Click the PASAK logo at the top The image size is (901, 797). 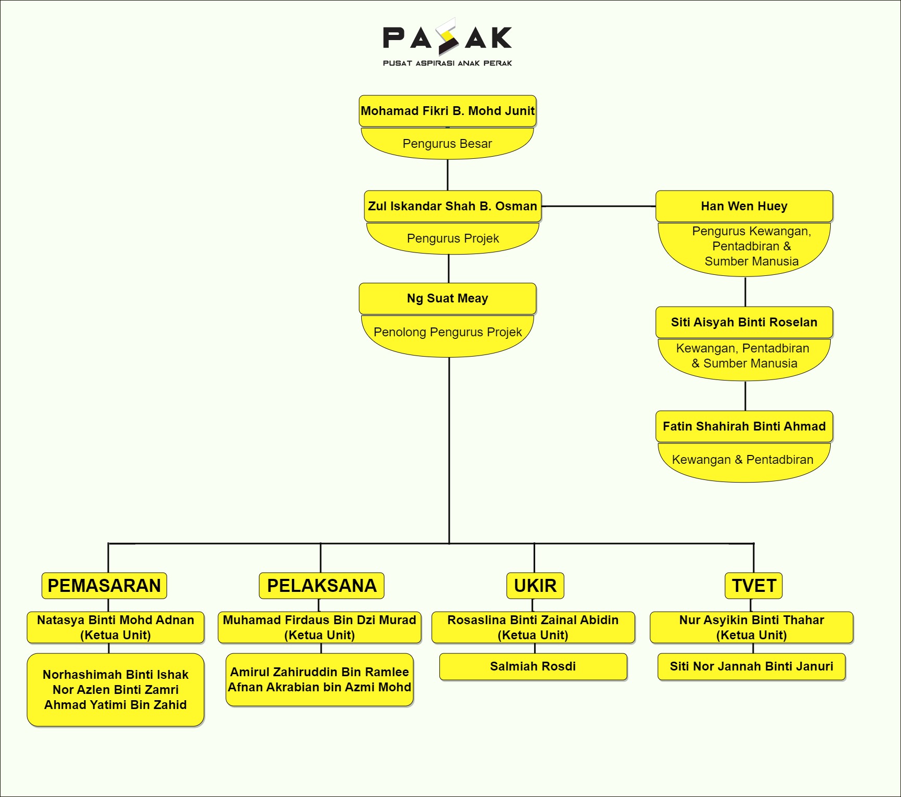[x=447, y=42]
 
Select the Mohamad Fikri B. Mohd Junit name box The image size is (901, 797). [x=447, y=111]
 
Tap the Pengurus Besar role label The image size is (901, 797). [x=447, y=144]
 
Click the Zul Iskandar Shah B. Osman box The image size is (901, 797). [x=452, y=206]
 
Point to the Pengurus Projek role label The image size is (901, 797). [x=452, y=238]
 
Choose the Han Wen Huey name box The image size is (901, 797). [x=744, y=206]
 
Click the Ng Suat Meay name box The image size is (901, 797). [x=447, y=298]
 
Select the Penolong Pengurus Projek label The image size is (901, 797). [x=447, y=332]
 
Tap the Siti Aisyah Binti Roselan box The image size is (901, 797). [x=744, y=322]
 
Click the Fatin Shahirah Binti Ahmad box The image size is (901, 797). [x=744, y=426]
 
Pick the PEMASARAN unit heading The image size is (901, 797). [x=104, y=586]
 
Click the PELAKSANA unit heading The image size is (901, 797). [x=322, y=586]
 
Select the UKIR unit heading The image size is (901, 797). [x=535, y=586]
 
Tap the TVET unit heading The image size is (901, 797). [x=754, y=586]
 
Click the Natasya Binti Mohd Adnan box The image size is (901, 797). [x=116, y=627]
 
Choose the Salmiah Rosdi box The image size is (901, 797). [x=533, y=666]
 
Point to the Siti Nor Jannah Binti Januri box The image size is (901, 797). [x=751, y=666]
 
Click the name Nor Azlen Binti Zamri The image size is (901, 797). [x=116, y=690]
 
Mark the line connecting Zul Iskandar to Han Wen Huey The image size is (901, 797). [x=599, y=206]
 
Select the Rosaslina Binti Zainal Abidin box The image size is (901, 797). [x=533, y=627]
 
